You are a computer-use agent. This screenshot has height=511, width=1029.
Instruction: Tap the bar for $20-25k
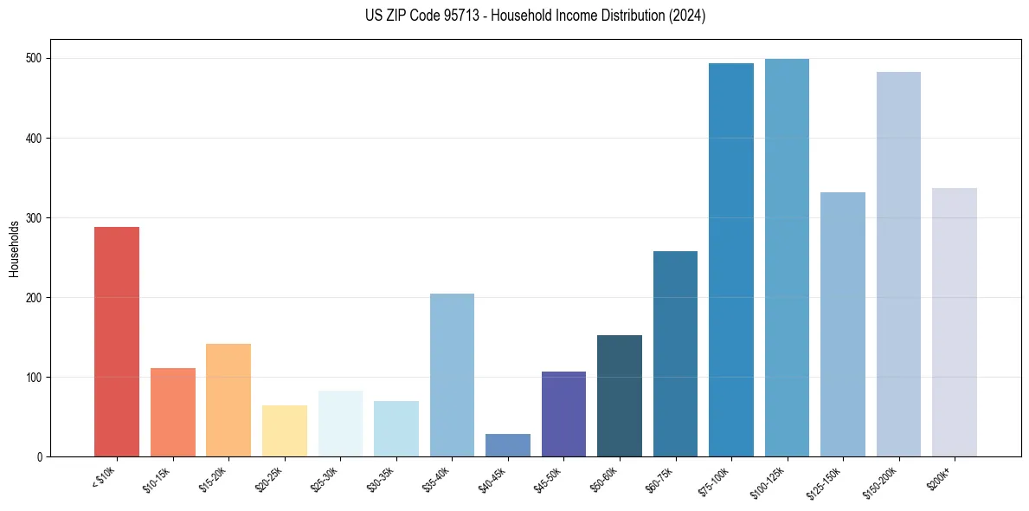coord(284,430)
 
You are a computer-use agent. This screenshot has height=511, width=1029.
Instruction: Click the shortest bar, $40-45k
coord(508,445)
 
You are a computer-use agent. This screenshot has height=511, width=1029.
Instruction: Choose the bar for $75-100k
coord(731,260)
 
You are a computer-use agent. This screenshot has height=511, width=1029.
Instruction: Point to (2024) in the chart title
coord(688,16)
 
